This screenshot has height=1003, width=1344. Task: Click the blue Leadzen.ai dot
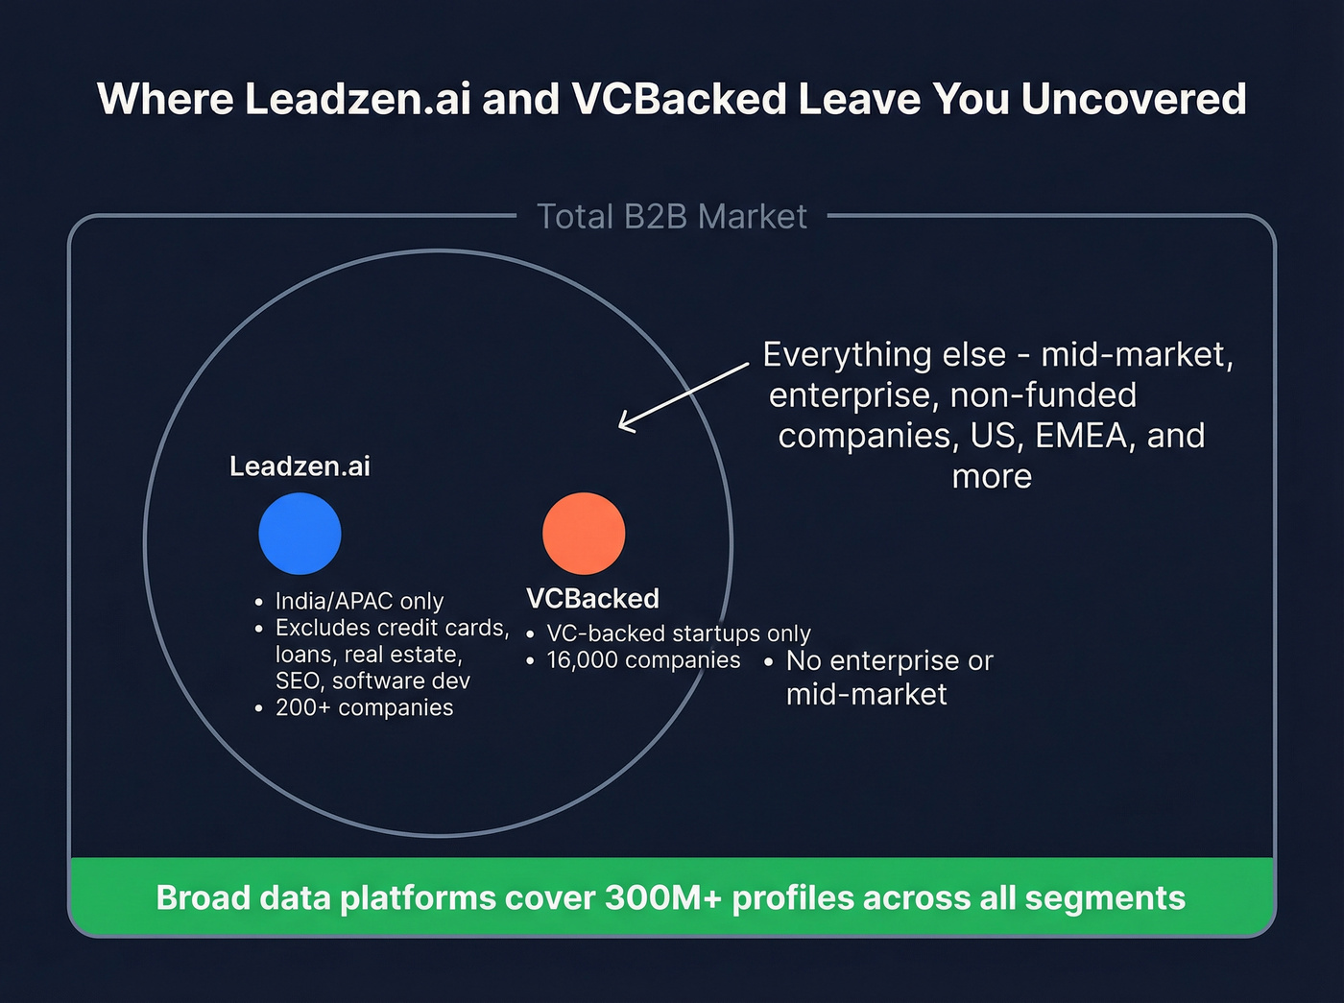click(300, 534)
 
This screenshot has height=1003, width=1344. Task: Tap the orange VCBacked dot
click(584, 534)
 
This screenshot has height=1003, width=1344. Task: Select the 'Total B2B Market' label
click(672, 217)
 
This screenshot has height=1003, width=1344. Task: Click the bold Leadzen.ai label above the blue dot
click(300, 466)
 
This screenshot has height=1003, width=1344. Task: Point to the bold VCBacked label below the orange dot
click(592, 599)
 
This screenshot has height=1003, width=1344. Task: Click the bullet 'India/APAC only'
click(359, 601)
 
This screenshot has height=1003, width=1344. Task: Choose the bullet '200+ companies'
click(364, 707)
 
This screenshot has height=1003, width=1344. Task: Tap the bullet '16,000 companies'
click(643, 660)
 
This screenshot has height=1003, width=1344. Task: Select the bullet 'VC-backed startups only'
click(678, 633)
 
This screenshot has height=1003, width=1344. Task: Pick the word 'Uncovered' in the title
click(1134, 99)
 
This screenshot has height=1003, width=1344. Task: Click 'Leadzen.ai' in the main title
click(357, 99)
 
